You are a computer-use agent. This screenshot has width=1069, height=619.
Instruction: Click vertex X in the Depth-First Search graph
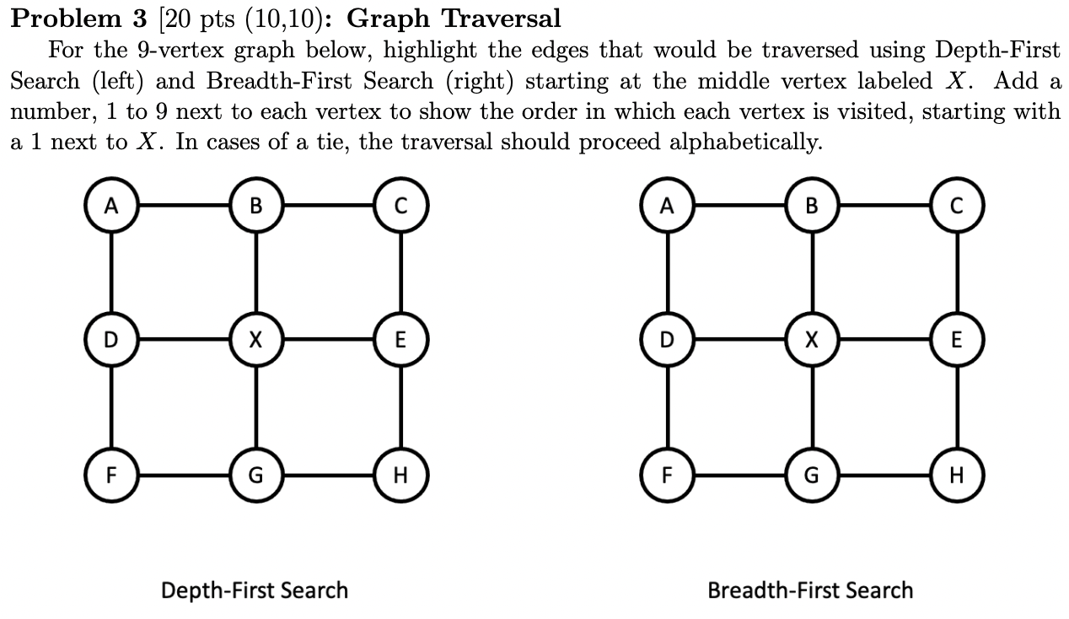tap(255, 340)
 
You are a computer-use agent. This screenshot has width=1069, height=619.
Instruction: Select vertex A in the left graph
tap(111, 205)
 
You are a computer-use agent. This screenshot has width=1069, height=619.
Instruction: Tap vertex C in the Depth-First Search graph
tap(400, 205)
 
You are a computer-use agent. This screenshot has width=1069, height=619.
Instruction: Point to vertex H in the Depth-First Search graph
tap(400, 475)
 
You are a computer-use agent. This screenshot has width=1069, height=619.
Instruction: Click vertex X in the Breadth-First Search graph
tap(811, 340)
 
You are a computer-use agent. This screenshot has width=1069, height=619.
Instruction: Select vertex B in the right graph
tap(811, 205)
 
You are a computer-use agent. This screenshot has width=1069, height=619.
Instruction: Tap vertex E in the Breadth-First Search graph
tap(955, 340)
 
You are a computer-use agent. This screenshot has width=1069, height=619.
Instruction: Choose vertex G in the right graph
tap(811, 475)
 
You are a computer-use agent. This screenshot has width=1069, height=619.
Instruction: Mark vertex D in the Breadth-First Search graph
tap(667, 340)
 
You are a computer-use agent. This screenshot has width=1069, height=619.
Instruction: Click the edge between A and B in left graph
tap(183, 205)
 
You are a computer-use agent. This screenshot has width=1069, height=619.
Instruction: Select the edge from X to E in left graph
tap(328, 340)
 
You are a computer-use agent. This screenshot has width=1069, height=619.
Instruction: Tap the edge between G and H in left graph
tap(328, 475)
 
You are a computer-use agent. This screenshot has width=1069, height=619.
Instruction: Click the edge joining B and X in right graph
tap(811, 272)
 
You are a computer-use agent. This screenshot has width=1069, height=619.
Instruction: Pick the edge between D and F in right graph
tap(667, 407)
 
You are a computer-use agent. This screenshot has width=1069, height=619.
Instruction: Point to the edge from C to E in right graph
tap(955, 272)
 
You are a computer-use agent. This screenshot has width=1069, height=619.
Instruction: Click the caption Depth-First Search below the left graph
tap(255, 589)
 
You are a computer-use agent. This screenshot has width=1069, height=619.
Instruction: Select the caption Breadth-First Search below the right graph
tap(810, 589)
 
